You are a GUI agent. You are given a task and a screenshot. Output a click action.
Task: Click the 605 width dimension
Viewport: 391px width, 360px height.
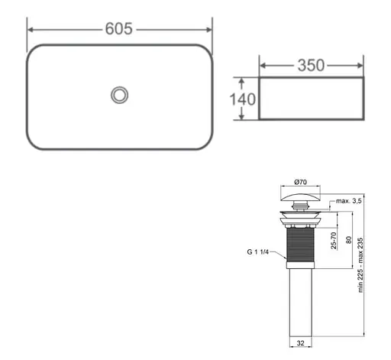click(119, 29)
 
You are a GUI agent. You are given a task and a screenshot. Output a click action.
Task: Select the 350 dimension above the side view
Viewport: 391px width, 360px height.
click(311, 65)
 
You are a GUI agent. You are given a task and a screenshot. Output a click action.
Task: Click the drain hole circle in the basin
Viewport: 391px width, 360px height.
click(119, 95)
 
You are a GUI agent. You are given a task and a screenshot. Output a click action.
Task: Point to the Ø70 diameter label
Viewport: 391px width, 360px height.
click(302, 183)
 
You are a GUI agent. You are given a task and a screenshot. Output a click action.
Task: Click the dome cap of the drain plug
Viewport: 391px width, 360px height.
click(302, 201)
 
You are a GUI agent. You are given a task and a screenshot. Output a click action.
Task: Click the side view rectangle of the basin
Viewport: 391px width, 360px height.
click(311, 98)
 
